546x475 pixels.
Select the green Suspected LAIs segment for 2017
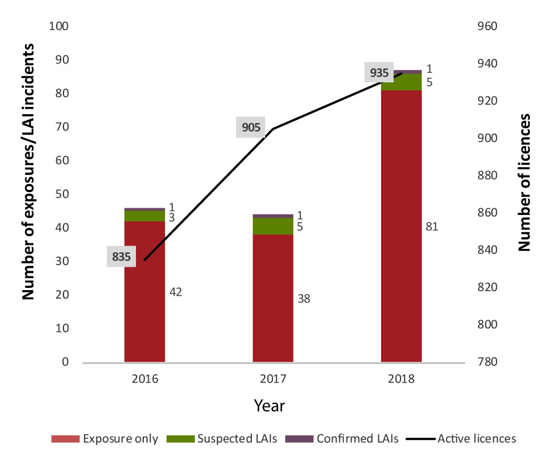tap(273, 226)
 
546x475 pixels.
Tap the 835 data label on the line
tap(121, 257)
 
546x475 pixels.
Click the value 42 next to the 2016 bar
tap(176, 292)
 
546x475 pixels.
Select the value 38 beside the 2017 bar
tap(304, 298)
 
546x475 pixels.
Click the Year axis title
tap(270, 405)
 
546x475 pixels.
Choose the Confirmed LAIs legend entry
tap(342, 438)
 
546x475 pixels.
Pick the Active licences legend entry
tap(461, 438)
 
